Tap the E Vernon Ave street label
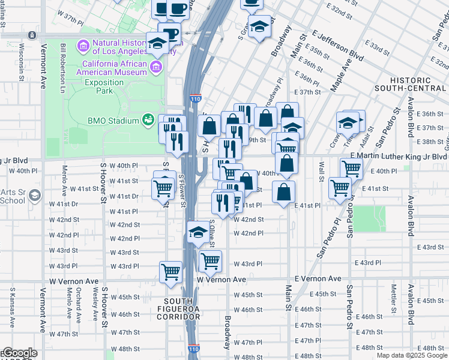318,279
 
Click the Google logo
19,353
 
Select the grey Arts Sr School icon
35,195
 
